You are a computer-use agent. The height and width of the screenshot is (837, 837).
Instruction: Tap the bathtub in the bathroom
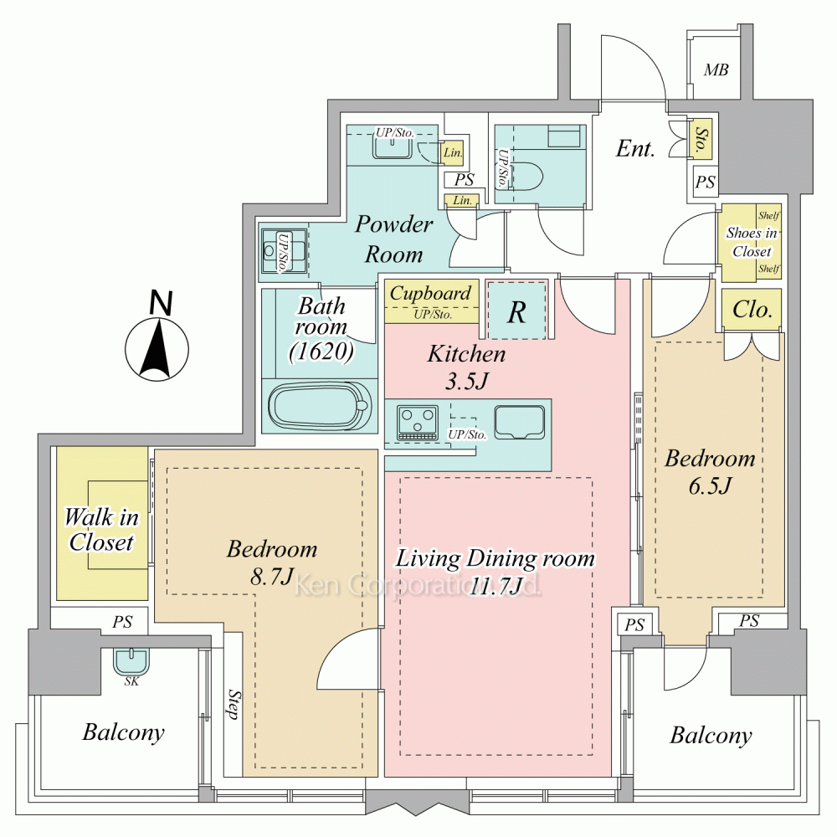[320, 406]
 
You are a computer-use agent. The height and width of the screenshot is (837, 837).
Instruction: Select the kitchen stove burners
[418, 422]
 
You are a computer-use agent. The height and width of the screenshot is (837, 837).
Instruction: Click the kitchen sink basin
[520, 422]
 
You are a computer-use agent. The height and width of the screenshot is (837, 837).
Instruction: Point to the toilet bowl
[526, 176]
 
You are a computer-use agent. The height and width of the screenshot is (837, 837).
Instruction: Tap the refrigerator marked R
[516, 310]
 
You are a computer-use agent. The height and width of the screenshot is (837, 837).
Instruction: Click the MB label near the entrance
[716, 70]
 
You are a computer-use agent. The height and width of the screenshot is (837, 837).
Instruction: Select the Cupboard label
[431, 294]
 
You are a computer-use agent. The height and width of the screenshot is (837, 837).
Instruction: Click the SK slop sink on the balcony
[131, 662]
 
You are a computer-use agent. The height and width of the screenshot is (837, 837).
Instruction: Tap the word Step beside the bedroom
[234, 704]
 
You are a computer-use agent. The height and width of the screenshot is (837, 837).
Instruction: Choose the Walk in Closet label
[101, 530]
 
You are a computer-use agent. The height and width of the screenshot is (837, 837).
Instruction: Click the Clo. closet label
[752, 309]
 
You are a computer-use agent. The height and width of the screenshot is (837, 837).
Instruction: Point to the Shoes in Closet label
[752, 242]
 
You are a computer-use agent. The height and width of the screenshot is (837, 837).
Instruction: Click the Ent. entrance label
[635, 148]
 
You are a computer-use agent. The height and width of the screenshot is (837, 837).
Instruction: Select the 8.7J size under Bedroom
[272, 576]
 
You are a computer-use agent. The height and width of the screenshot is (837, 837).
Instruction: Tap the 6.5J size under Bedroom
[710, 485]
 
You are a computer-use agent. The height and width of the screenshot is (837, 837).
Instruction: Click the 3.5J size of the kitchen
[466, 381]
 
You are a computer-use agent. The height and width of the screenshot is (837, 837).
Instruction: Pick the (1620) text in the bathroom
[321, 352]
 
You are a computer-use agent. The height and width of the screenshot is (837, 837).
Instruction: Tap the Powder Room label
[394, 239]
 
